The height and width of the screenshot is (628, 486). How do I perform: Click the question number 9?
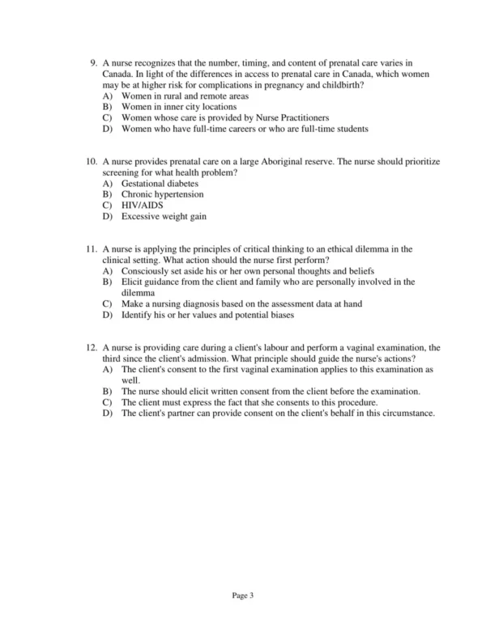coord(93,62)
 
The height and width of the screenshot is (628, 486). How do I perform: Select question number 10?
coord(91,162)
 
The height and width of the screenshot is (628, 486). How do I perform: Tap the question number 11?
coord(91,248)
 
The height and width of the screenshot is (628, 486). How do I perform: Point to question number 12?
coord(91,346)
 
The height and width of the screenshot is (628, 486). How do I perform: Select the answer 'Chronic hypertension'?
coord(163,194)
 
